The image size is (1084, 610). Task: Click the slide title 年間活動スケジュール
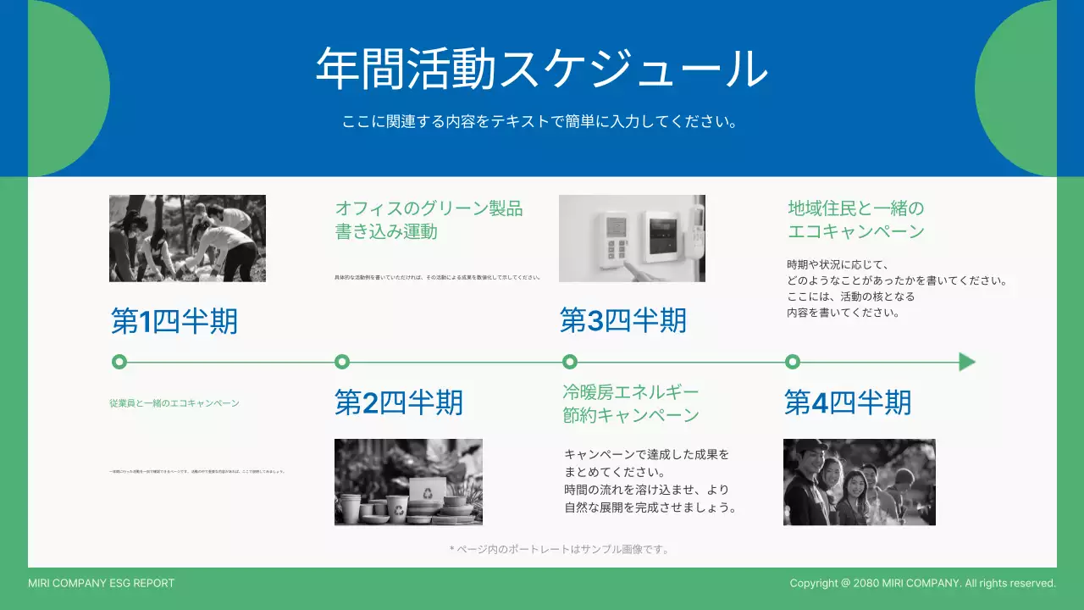pyautogui.click(x=541, y=69)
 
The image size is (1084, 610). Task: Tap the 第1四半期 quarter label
pyautogui.click(x=174, y=321)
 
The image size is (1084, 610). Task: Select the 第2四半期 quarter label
pyautogui.click(x=399, y=402)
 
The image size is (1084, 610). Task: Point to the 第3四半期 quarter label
pyautogui.click(x=623, y=320)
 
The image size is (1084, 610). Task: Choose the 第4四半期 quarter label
pyautogui.click(x=848, y=402)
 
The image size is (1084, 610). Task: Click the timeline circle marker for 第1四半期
pyautogui.click(x=119, y=363)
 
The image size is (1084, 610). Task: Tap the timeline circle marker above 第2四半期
pyautogui.click(x=342, y=363)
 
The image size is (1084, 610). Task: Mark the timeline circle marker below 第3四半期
pyautogui.click(x=570, y=363)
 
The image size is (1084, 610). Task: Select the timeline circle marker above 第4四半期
pyautogui.click(x=793, y=363)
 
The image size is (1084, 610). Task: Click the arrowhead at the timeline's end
pyautogui.click(x=966, y=363)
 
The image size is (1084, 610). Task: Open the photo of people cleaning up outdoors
pyautogui.click(x=187, y=238)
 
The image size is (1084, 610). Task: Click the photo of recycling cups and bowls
pyautogui.click(x=408, y=482)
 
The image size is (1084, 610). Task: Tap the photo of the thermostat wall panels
pyautogui.click(x=632, y=238)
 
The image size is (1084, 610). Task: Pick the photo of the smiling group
pyautogui.click(x=859, y=482)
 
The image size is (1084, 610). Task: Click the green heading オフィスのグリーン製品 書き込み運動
pyautogui.click(x=429, y=219)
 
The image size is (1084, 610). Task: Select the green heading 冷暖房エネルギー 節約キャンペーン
pyautogui.click(x=631, y=403)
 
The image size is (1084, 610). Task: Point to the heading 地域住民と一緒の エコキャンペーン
pyautogui.click(x=856, y=219)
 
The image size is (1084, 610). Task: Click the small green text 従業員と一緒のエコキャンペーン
pyautogui.click(x=174, y=403)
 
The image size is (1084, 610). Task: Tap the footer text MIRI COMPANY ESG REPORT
pyautogui.click(x=101, y=583)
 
